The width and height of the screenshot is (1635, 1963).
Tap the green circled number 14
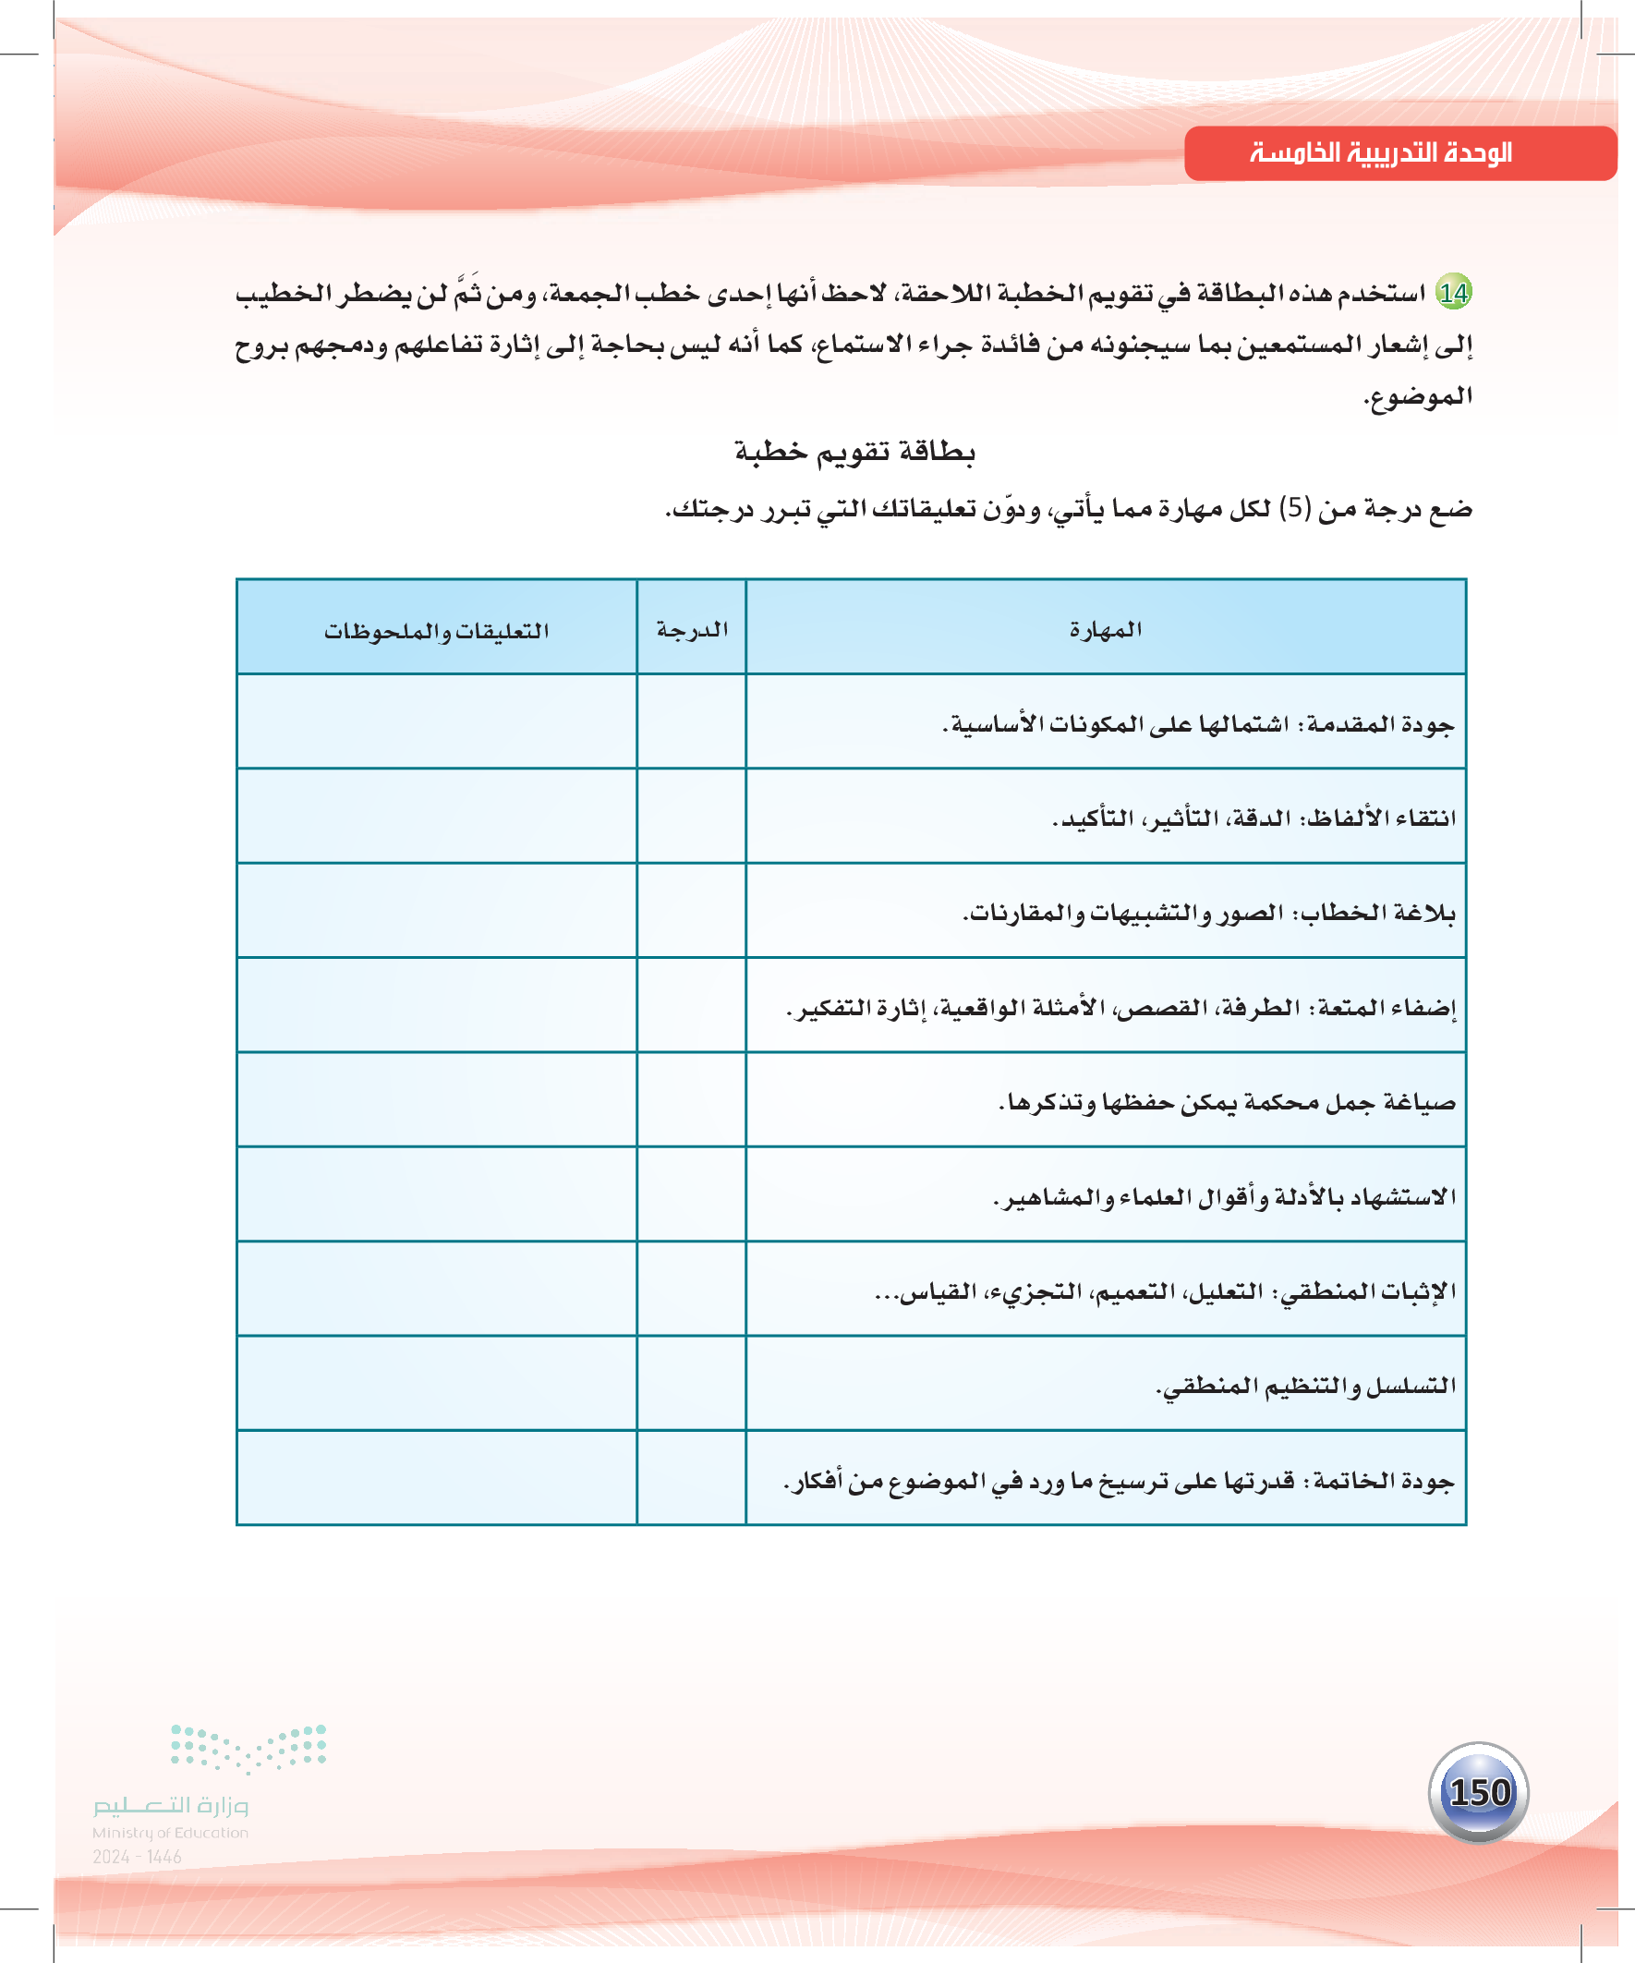click(1454, 294)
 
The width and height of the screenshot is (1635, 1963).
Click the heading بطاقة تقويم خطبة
click(854, 453)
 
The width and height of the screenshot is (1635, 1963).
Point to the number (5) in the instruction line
click(1295, 508)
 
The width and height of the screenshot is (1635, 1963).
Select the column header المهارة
click(1105, 629)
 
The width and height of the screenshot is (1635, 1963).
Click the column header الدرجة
click(692, 629)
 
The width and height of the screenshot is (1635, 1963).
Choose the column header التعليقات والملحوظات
click(437, 631)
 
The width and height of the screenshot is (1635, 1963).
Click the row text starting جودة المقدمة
click(1198, 724)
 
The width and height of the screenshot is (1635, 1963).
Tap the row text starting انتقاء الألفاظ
click(1253, 818)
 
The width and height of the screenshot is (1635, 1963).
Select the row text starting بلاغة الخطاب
click(1209, 914)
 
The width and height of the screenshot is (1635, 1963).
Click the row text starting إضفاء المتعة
click(1120, 1008)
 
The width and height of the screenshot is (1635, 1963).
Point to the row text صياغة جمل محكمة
click(1227, 1103)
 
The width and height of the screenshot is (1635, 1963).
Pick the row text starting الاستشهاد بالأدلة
click(1225, 1197)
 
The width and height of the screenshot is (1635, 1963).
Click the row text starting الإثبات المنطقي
click(1165, 1291)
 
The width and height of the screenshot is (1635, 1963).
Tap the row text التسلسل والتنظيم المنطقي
click(1305, 1386)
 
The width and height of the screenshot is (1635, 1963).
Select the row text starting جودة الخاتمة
click(1119, 1482)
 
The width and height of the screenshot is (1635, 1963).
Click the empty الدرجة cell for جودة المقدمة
click(692, 721)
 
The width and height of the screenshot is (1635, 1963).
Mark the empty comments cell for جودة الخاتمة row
click(437, 1478)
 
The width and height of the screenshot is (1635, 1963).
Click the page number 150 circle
click(1479, 1792)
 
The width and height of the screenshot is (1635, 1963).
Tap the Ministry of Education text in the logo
click(170, 1833)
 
